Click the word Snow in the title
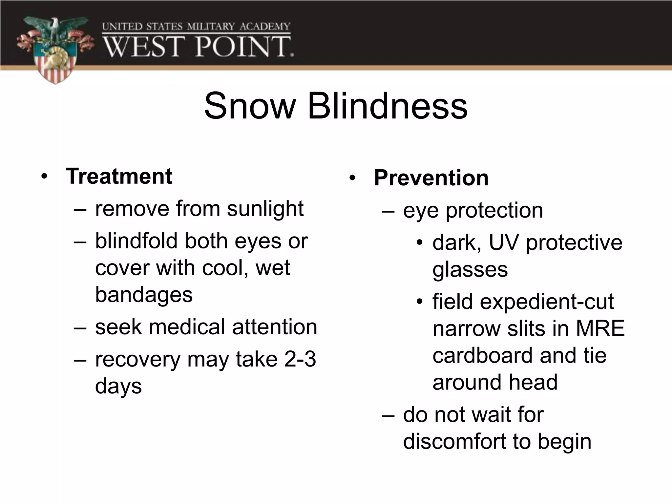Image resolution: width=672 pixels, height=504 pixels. pyautogui.click(x=249, y=106)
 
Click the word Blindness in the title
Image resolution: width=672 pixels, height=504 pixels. pyautogui.click(x=387, y=106)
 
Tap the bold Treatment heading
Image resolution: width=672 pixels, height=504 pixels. pyautogui.click(x=119, y=176)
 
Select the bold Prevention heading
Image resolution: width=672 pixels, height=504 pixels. pyautogui.click(x=431, y=178)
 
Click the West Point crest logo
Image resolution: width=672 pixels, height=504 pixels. pyautogui.click(x=55, y=49)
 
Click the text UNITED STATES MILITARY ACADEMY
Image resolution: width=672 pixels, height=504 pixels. pyautogui.click(x=196, y=27)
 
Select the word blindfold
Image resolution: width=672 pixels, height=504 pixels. pyautogui.click(x=136, y=241)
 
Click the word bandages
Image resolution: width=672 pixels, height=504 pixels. pyautogui.click(x=144, y=294)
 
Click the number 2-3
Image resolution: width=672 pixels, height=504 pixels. pyautogui.click(x=300, y=359)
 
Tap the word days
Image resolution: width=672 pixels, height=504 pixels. pyautogui.click(x=118, y=386)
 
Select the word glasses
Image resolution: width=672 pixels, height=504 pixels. pyautogui.click(x=470, y=270)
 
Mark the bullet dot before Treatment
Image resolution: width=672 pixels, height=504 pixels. pyautogui.click(x=44, y=177)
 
